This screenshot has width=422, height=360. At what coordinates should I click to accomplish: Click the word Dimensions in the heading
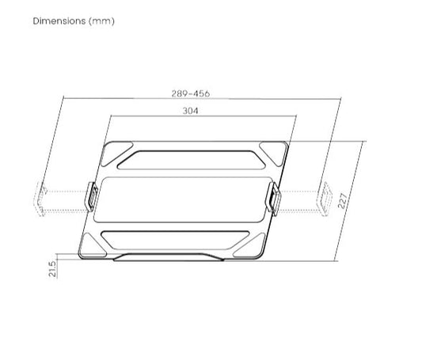click(x=59, y=21)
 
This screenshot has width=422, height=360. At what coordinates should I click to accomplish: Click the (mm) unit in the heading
click(x=101, y=21)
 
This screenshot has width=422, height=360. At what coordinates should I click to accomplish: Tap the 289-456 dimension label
click(x=191, y=93)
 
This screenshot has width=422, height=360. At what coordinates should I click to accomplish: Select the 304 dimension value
click(x=190, y=111)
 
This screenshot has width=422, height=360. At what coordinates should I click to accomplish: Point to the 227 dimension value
click(x=342, y=200)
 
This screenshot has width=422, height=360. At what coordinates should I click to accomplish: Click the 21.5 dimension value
click(x=53, y=268)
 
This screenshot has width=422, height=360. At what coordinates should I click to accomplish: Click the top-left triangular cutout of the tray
click(x=116, y=153)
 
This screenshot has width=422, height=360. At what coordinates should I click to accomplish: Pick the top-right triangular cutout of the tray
click(x=273, y=153)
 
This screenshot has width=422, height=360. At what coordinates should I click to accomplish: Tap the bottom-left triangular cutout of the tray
click(x=93, y=244)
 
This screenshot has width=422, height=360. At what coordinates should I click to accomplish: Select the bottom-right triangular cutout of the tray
click(x=249, y=245)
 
